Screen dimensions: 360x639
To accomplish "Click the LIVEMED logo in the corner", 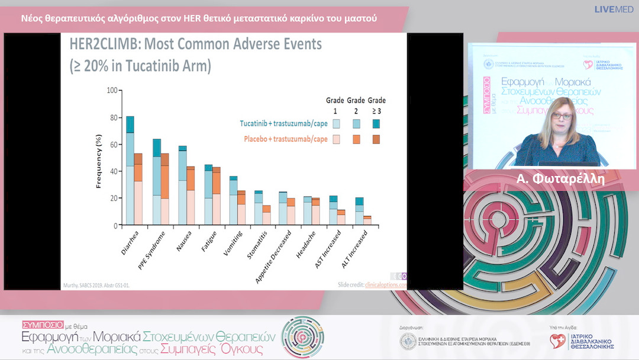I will [614, 9].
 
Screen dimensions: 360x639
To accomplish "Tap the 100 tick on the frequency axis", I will [111, 91].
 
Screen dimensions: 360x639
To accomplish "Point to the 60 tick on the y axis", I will [112, 144].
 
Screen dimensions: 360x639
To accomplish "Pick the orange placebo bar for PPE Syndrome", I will [164, 189].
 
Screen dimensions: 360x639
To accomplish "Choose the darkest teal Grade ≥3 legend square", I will [376, 124].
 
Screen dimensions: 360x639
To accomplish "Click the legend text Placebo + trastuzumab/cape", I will [285, 139].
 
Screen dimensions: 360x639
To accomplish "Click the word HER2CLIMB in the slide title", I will [101, 44].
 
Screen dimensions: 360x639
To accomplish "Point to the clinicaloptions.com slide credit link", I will [386, 285].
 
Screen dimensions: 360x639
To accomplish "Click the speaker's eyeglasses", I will [562, 117].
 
